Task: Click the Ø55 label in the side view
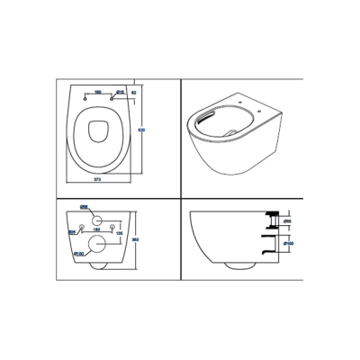[x=285, y=220]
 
